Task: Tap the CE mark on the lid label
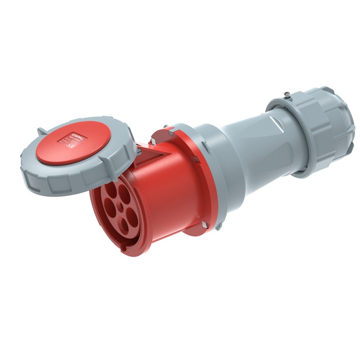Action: (x=69, y=145)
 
